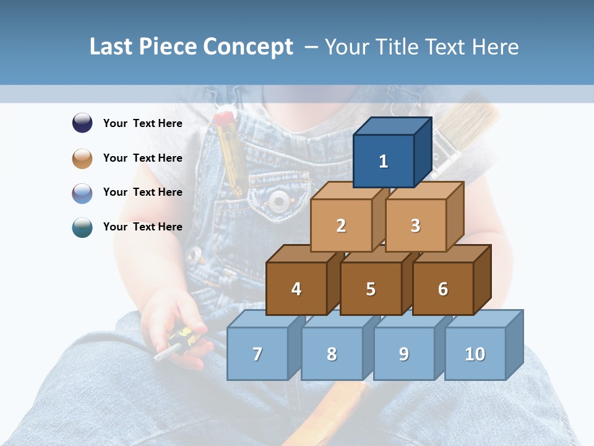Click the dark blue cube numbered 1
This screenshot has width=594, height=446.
384,161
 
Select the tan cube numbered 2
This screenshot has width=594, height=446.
341,225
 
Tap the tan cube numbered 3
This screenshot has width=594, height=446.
415,225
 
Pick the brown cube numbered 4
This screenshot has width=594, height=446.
296,289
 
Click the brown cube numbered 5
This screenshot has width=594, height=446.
371,289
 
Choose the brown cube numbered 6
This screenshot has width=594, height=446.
443,289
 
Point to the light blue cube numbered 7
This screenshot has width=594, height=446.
257,354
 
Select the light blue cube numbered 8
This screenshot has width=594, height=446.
332,354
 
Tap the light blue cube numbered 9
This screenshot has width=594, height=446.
404,354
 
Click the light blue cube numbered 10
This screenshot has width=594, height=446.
475,354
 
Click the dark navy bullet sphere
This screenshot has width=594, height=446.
82,123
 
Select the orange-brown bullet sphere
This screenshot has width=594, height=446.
82,158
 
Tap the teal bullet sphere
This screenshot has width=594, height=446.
82,227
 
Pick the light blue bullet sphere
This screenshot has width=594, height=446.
82,193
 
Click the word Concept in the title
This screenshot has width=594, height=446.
248,47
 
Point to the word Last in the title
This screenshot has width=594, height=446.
112,47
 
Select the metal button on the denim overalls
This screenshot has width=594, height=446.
279,199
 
